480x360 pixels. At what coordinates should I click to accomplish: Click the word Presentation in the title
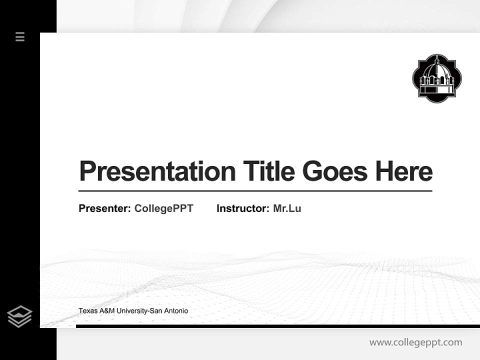click(x=157, y=171)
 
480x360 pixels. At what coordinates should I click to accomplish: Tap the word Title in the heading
click(x=268, y=171)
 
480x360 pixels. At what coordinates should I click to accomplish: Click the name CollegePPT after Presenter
click(x=163, y=208)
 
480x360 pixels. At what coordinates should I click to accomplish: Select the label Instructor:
click(x=243, y=208)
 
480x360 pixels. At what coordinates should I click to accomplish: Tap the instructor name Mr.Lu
click(x=287, y=208)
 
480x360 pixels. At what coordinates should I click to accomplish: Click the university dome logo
click(x=437, y=78)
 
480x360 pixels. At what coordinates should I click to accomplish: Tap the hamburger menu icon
click(x=20, y=36)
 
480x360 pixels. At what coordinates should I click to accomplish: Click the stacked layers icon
click(x=19, y=316)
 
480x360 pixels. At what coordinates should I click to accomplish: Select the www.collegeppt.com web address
click(x=415, y=342)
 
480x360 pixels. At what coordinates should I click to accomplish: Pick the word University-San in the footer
click(x=139, y=311)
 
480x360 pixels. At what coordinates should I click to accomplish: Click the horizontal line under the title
click(x=255, y=191)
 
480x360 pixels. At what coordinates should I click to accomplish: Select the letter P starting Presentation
click(x=87, y=171)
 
